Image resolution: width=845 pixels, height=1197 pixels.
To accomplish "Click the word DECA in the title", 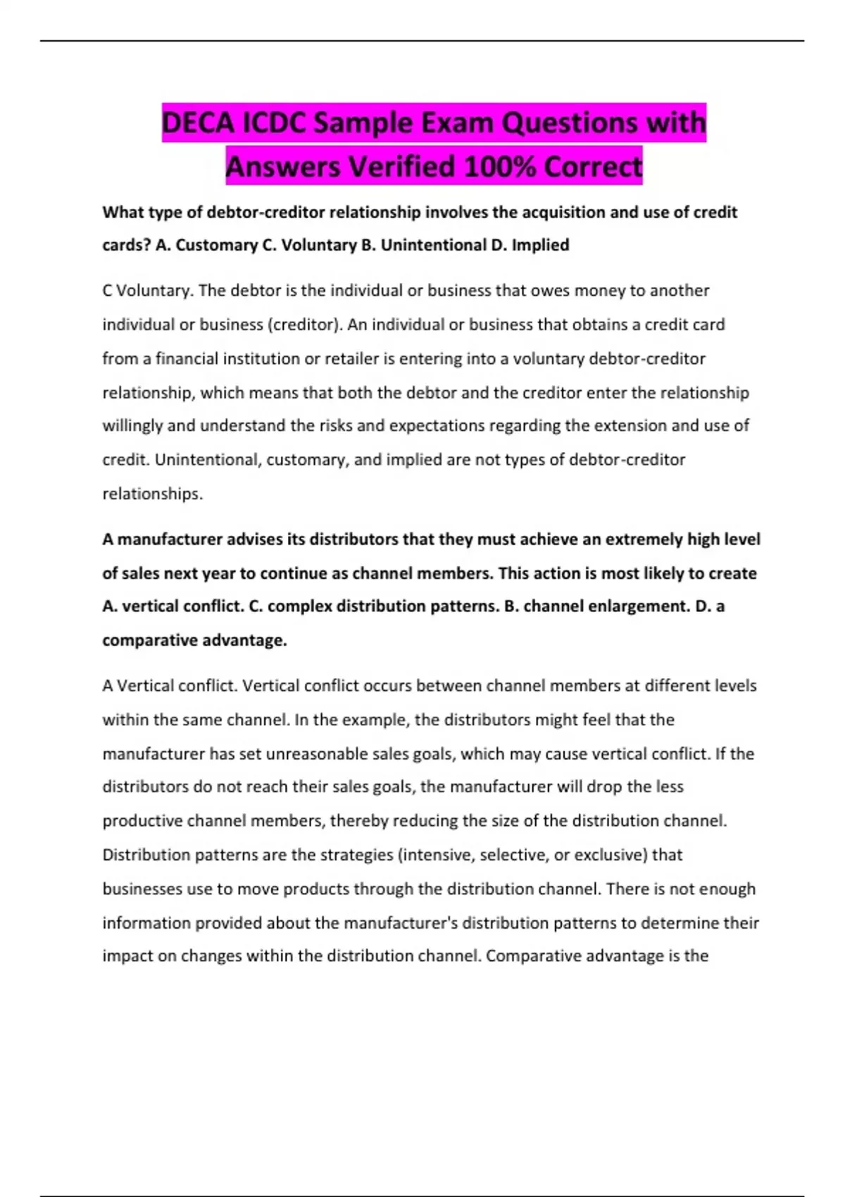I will pos(198,123).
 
